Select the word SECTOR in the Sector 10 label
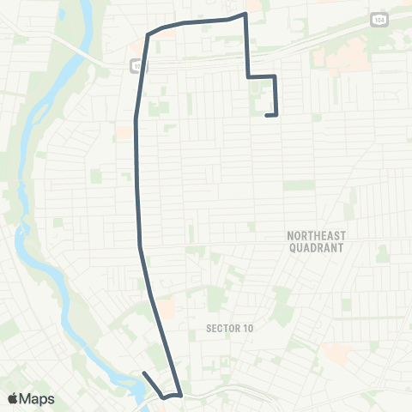(223, 328)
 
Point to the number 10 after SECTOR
(248, 328)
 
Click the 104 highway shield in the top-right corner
(379, 18)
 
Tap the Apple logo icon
(13, 398)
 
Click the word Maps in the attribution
(37, 398)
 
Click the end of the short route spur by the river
(143, 373)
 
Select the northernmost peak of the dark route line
(245, 14)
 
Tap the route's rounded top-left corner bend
(149, 35)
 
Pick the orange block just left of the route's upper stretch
(124, 133)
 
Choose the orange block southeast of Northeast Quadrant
(336, 350)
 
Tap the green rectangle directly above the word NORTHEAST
(299, 185)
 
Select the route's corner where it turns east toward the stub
(248, 77)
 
